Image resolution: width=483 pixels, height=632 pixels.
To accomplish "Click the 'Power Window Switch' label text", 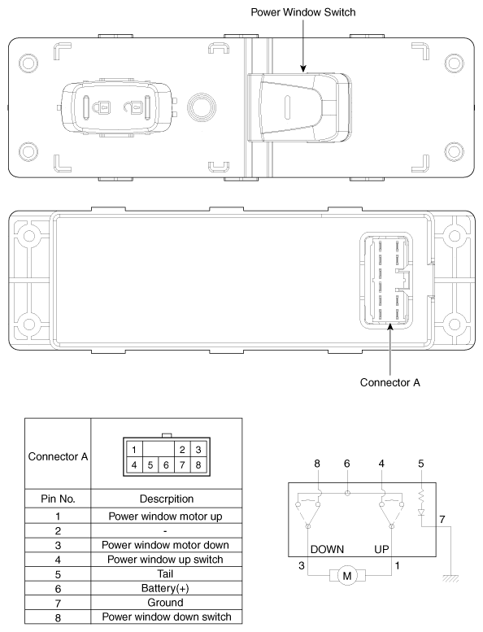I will tap(302, 12).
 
